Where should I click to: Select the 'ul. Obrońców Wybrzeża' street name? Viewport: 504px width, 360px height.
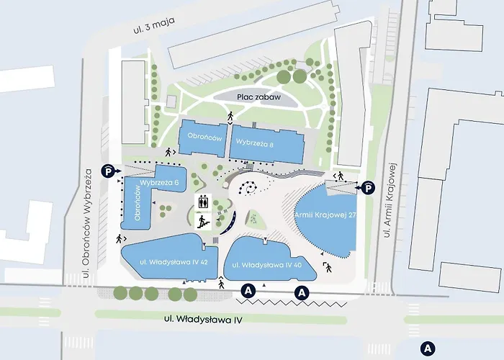click(88, 222)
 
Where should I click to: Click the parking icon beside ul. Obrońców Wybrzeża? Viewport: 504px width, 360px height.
click(107, 171)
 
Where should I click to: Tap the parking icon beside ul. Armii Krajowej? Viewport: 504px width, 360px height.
click(368, 187)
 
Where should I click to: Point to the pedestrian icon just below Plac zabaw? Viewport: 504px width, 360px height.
click(230, 116)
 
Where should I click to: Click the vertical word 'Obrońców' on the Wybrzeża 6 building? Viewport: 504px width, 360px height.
click(137, 204)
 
